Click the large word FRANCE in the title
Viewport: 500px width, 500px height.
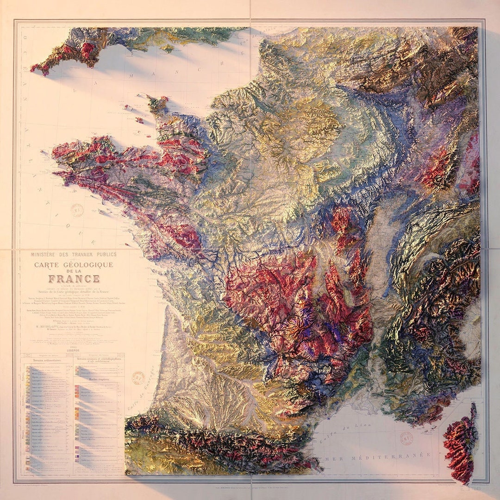click(x=74, y=279)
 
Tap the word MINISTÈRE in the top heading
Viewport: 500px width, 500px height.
click(x=47, y=254)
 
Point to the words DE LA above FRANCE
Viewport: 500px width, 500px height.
click(x=74, y=272)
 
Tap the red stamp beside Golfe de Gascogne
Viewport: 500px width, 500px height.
click(x=138, y=378)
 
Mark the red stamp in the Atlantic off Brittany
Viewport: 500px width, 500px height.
click(x=77, y=209)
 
